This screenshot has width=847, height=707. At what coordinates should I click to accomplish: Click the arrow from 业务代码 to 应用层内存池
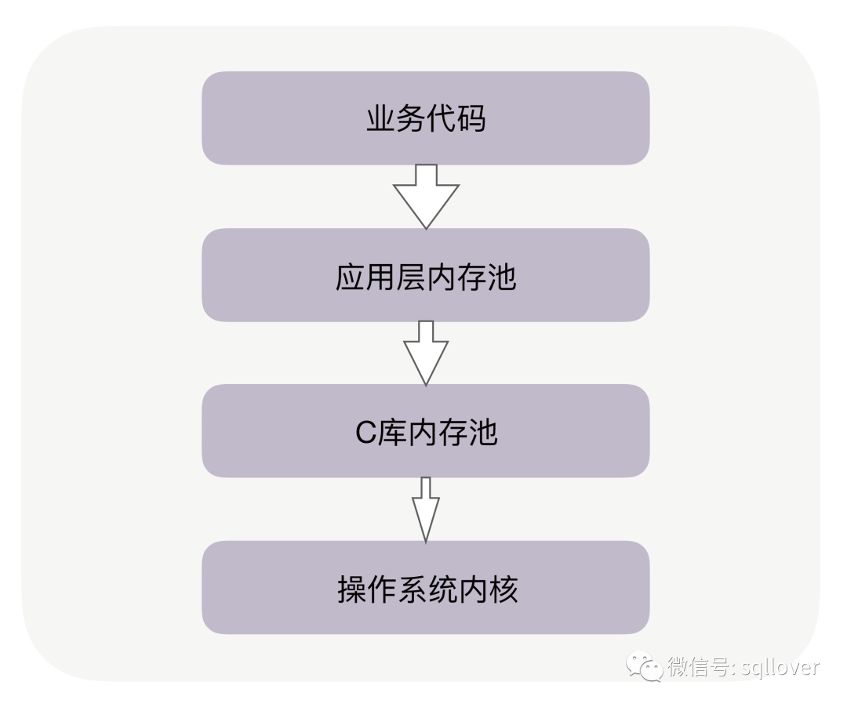tap(426, 196)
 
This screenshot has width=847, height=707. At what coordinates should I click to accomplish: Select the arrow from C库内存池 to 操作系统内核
tap(426, 509)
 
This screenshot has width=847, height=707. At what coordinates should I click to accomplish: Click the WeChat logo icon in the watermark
tap(645, 667)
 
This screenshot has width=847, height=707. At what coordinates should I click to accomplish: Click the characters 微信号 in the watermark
tap(698, 668)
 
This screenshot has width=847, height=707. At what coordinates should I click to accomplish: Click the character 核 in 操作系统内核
tap(503, 589)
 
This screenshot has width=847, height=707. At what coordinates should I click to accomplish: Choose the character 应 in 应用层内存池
tap(350, 277)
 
